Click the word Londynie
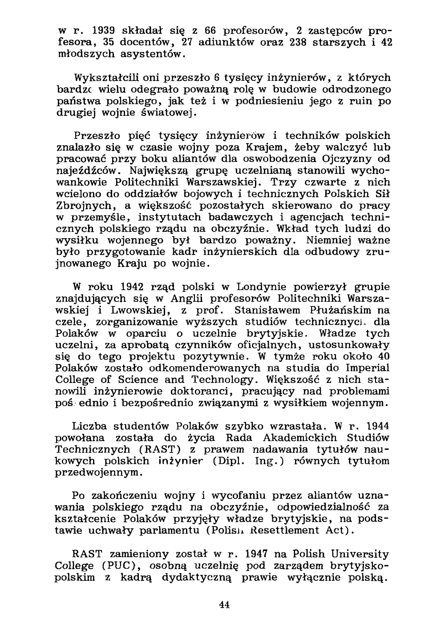pos(265,287)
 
